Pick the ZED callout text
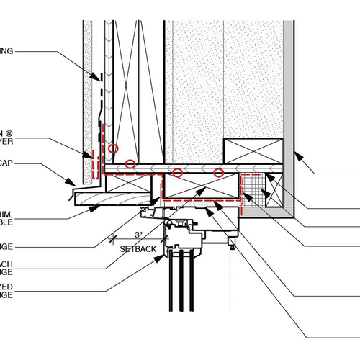(6, 286)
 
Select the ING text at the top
(8, 51)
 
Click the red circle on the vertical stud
(113, 148)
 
